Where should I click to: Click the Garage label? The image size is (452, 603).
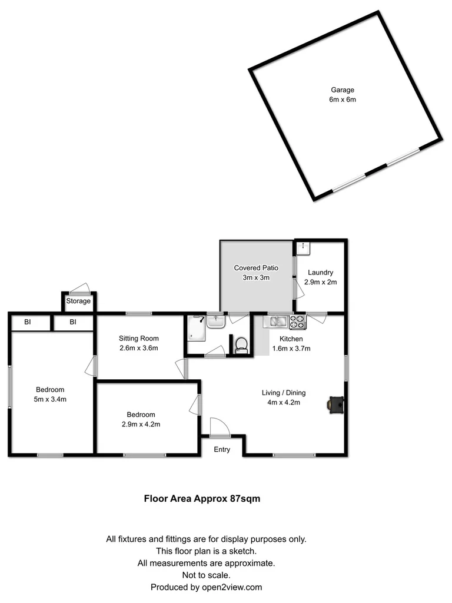click(342, 90)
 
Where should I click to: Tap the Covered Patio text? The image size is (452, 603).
click(256, 268)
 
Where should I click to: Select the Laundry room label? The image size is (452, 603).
click(320, 273)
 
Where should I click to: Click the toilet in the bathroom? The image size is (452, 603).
click(241, 344)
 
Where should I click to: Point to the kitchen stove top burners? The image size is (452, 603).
click(297, 322)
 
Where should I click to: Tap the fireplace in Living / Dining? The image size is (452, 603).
click(336, 405)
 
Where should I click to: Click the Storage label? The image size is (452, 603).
click(78, 301)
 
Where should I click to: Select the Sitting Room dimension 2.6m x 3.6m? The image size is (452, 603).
click(139, 348)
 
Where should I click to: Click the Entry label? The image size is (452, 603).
click(222, 450)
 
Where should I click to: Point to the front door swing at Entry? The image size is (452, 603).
click(220, 427)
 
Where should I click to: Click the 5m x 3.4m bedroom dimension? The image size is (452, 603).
click(50, 399)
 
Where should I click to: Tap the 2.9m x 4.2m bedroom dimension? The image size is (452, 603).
click(141, 424)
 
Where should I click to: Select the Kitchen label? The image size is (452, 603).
click(291, 339)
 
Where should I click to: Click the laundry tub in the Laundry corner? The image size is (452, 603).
click(302, 248)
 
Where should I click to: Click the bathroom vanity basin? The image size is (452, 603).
click(215, 322)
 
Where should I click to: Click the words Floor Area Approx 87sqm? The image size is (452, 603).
click(202, 498)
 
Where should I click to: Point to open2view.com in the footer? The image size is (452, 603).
click(231, 587)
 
